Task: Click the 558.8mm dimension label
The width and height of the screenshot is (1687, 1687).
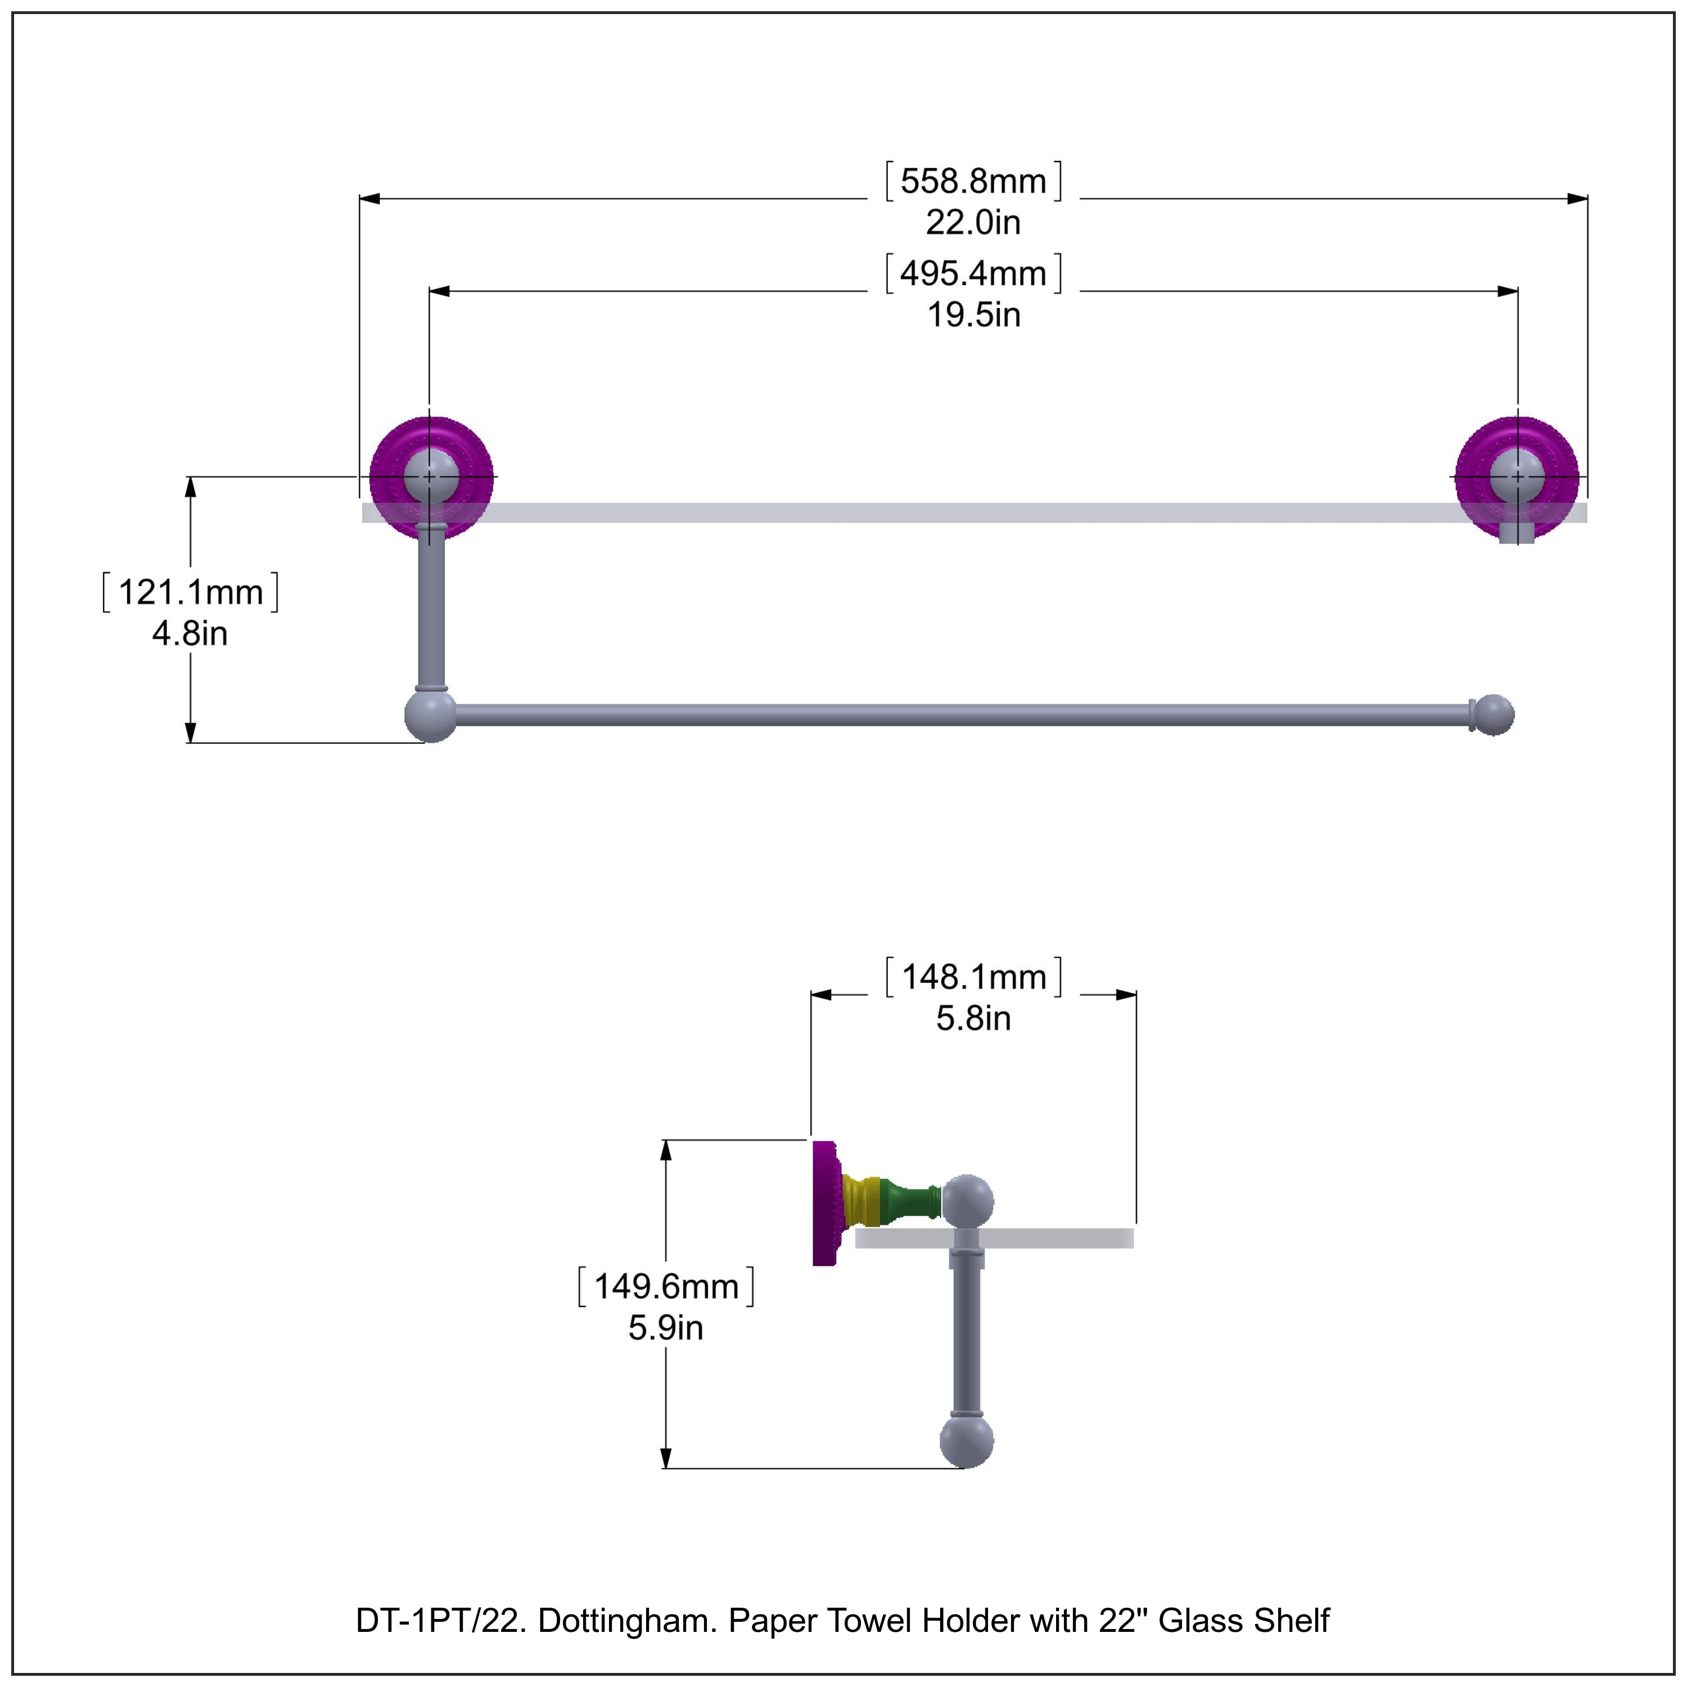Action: coord(973,182)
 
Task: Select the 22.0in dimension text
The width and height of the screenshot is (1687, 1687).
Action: coord(973,223)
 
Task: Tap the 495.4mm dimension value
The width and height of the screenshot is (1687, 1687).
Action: coord(973,274)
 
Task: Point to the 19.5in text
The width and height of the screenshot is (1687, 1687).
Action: coord(973,315)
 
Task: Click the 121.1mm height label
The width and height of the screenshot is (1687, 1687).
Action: coord(191,593)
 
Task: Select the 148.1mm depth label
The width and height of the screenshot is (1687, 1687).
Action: coord(973,977)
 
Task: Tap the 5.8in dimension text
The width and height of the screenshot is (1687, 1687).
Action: coord(973,1018)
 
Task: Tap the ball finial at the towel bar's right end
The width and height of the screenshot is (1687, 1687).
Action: coord(1496,715)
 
